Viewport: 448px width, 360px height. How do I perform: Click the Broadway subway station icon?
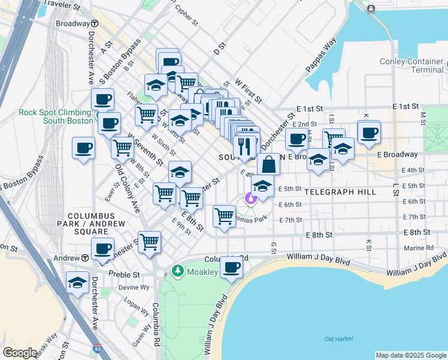tap(95, 23)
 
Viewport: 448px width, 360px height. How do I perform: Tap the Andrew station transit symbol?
tap(86, 258)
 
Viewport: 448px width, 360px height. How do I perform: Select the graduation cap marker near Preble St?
tap(77, 283)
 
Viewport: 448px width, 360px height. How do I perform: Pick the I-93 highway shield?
tap(98, 348)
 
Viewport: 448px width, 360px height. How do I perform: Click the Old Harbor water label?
tap(336, 339)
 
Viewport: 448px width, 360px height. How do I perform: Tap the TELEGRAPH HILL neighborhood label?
tap(340, 192)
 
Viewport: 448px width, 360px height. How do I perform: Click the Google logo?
tap(20, 353)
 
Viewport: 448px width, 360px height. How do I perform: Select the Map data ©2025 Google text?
tap(410, 355)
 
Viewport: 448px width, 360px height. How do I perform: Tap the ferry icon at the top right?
tap(371, 8)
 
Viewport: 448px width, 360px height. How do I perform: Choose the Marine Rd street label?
tap(418, 247)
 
